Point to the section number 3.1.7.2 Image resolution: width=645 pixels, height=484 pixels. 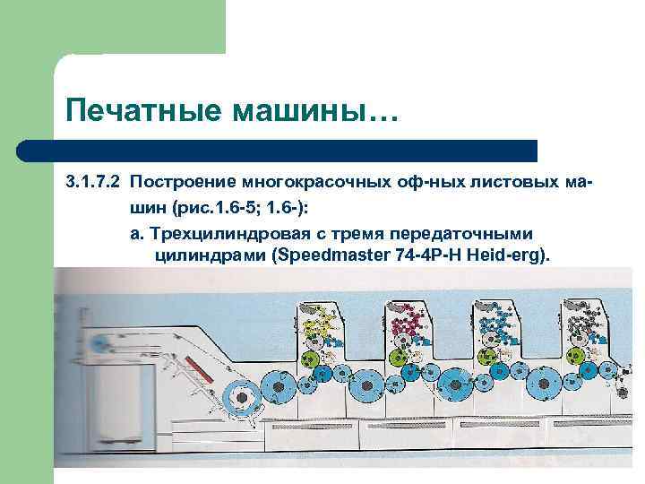[92, 184]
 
